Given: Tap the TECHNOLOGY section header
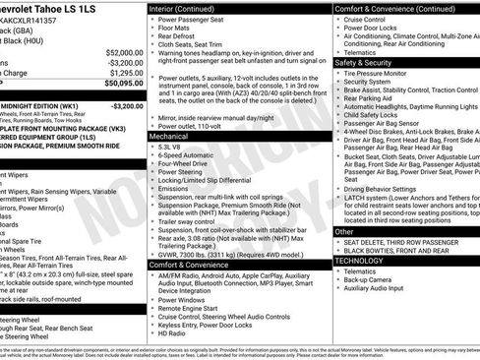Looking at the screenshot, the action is [x=359, y=261].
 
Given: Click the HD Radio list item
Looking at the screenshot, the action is [x=172, y=332].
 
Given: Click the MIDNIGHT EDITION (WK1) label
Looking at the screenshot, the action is [x=40, y=105].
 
